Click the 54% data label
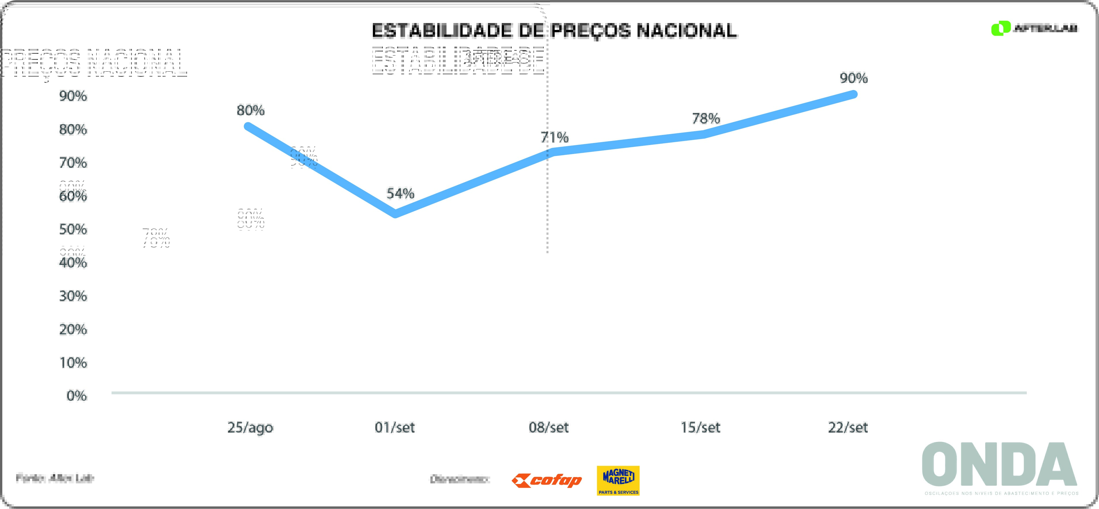[x=400, y=194]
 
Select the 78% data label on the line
[x=706, y=118]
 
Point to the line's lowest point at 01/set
[x=396, y=213]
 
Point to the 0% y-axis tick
[x=77, y=396]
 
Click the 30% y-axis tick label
[x=73, y=296]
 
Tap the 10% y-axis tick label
[x=73, y=363]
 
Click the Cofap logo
[x=547, y=481]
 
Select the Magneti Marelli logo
[x=618, y=481]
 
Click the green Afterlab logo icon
[x=1000, y=28]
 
